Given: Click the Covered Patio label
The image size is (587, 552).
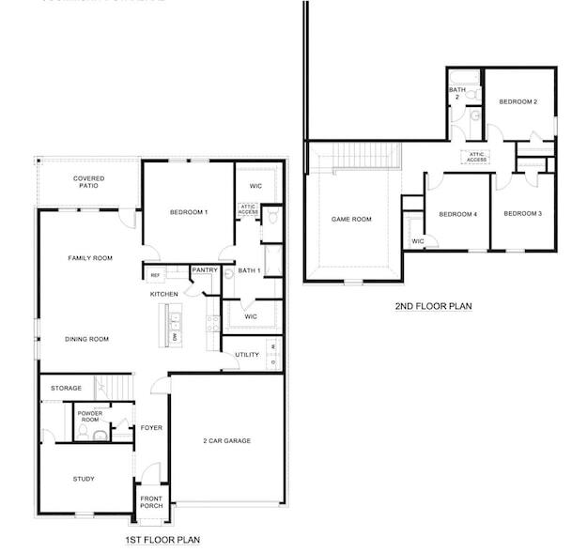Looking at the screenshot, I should point(88,181).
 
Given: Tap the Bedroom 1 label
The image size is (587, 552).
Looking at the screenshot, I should point(188,212).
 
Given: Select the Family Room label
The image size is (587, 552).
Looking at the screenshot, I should point(90,257).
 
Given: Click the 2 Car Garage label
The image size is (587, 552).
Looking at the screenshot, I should point(226,440).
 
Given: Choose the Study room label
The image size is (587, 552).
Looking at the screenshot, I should point(84,479).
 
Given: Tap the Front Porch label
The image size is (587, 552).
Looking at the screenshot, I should point(151,501).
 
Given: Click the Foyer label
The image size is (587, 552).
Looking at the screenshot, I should point(151,428).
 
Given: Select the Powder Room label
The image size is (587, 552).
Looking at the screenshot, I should point(90,416).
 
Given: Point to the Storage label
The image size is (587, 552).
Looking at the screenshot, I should point(66,388).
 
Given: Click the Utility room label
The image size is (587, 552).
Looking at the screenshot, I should point(247,355).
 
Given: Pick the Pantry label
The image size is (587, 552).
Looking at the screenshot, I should point(205,270).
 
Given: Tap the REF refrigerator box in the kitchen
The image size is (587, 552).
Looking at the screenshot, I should point(154,275).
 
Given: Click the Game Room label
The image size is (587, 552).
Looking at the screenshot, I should point(351,219).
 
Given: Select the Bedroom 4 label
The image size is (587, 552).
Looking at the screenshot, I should point(457,214).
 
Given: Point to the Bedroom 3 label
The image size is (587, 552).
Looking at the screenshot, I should point(522,213).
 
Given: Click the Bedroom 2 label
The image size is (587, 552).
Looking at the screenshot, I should point(517,101).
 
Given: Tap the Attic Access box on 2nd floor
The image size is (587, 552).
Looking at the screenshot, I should point(477,157).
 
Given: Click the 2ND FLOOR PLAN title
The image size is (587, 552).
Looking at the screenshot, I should point(433,306).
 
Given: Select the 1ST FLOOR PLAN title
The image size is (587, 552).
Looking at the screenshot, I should point(162,540).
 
